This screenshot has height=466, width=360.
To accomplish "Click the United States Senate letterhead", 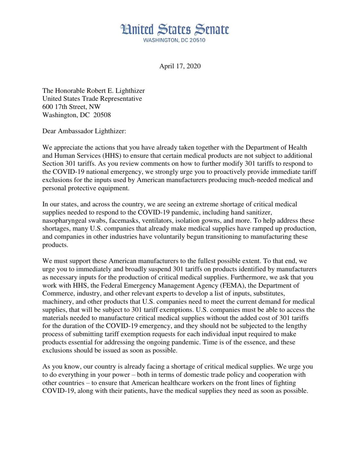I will click(x=175, y=30).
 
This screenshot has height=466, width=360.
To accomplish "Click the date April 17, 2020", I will click(x=180, y=66).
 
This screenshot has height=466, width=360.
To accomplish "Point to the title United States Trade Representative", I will click(x=92, y=99).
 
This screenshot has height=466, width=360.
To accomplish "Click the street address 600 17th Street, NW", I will click(x=71, y=107).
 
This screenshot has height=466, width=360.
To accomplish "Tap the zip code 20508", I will click(x=102, y=115).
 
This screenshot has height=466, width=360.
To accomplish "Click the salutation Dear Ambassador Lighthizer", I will click(x=84, y=131).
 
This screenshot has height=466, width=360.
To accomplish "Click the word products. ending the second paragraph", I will click(x=55, y=245).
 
